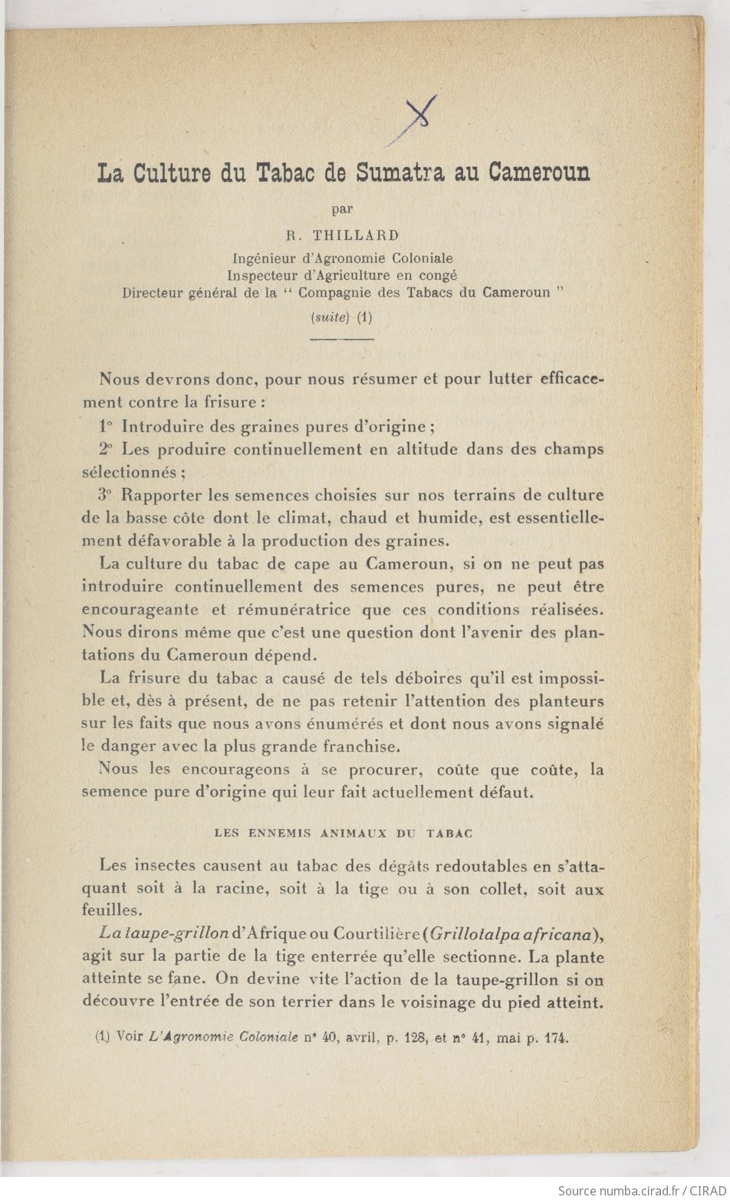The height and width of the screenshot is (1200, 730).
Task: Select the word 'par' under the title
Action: [342, 208]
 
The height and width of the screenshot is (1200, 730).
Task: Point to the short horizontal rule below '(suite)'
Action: [343, 338]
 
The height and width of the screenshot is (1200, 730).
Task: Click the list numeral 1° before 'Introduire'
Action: [107, 426]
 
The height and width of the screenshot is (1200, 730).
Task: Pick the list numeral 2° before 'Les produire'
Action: [107, 449]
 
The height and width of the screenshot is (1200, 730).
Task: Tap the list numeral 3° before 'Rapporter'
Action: [107, 495]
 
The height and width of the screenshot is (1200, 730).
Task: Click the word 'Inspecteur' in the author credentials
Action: [261, 275]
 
